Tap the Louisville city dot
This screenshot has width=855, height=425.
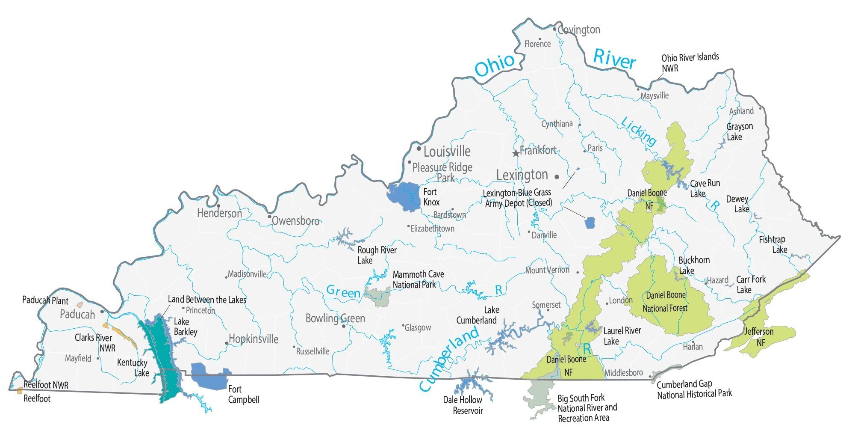tap(419, 149)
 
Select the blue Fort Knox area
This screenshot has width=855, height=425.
tap(404, 196)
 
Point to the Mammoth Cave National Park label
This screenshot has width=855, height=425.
tap(418, 279)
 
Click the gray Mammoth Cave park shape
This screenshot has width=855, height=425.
tap(377, 296)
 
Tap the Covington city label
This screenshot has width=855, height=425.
tap(579, 30)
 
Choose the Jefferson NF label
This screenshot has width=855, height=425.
tap(759, 337)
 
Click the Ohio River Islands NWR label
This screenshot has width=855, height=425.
tap(690, 62)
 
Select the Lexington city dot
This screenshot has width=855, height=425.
tap(557, 176)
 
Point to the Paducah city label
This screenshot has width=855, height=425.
tap(77, 315)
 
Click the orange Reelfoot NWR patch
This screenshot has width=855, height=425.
tap(19, 390)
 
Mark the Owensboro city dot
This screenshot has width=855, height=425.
tap(269, 217)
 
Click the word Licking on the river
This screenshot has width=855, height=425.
tap(638, 131)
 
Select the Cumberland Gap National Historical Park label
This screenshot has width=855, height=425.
tap(694, 389)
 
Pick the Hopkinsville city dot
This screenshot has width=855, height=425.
tap(227, 343)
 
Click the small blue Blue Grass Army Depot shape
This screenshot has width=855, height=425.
tap(590, 223)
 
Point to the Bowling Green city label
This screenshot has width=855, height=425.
tap(335, 318)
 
